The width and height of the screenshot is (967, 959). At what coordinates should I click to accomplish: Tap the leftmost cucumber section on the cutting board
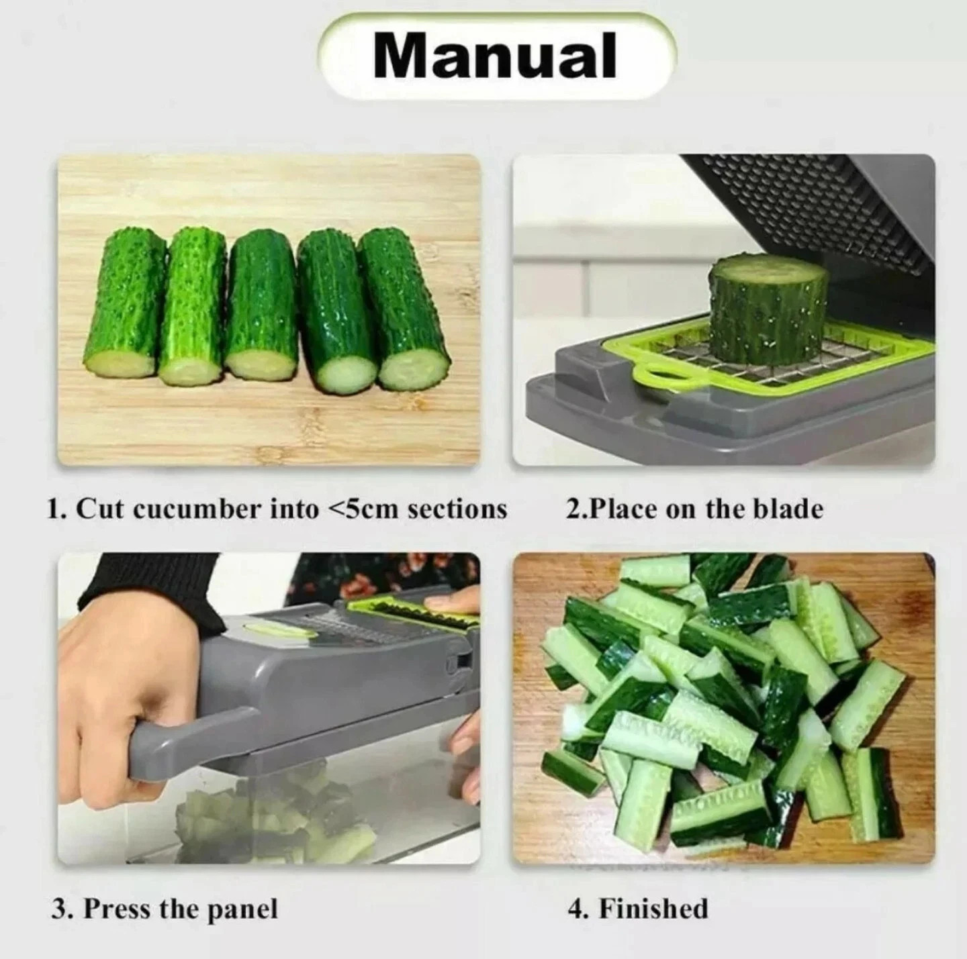124,305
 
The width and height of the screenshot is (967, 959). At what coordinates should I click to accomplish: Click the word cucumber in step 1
197,509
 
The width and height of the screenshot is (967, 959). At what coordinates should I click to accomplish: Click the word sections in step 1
457,509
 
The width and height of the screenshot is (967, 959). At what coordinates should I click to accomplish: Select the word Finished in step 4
653,895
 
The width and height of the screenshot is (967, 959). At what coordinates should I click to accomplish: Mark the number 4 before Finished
575,895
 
